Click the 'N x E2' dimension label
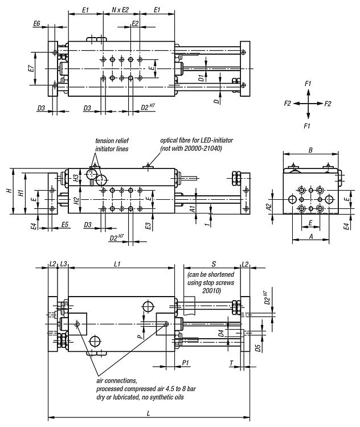pyautogui.click(x=120, y=10)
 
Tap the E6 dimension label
pyautogui.click(x=37, y=24)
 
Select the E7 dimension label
pyautogui.click(x=31, y=68)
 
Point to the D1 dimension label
pyautogui.click(x=201, y=78)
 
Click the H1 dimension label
pyautogui.click(x=21, y=193)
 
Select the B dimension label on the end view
pyautogui.click(x=310, y=150)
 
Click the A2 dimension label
pyautogui.click(x=269, y=207)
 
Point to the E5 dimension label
pyautogui.click(x=64, y=225)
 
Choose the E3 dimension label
pyautogui.click(x=148, y=226)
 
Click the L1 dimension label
pyautogui.click(x=117, y=264)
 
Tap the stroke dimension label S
pyautogui.click(x=214, y=264)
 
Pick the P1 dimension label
pyautogui.click(x=185, y=363)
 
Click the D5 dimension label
pyautogui.click(x=258, y=348)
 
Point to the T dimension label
pyautogui.click(x=231, y=363)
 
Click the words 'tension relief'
pyautogui.click(x=112, y=141)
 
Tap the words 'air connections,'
pyautogui.click(x=117, y=380)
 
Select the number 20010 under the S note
pyautogui.click(x=211, y=290)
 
